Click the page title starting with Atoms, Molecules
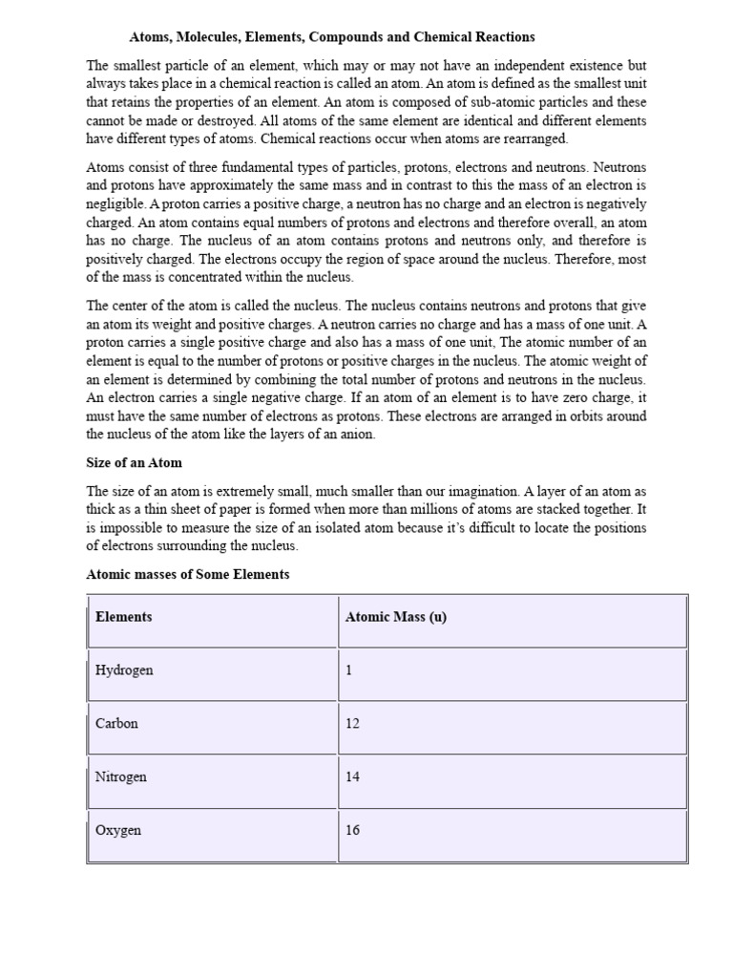coord(332,37)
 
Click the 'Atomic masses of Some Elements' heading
coord(187,575)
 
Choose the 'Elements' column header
coord(123,617)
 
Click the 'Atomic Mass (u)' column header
coord(395,617)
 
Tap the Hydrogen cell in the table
coord(124,670)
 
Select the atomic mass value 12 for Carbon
coord(352,724)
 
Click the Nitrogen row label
coord(121,777)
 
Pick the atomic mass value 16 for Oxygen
coord(352,831)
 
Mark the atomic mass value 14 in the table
coord(352,777)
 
